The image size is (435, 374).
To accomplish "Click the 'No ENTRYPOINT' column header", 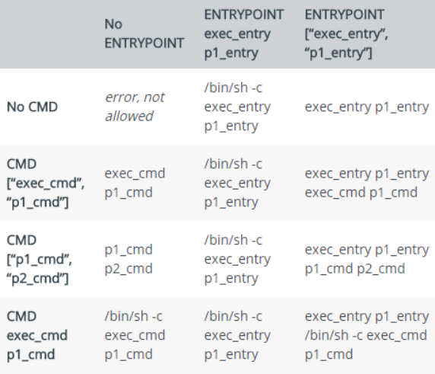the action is [144, 34].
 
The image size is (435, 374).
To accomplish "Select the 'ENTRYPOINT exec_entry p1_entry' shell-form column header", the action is [244, 34].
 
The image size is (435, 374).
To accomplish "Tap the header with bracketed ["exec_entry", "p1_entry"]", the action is [346, 34].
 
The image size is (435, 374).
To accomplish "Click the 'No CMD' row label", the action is [32, 107].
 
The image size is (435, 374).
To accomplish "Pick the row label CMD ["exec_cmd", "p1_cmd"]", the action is [46, 183].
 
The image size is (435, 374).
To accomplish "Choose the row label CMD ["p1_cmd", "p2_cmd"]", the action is [40, 259].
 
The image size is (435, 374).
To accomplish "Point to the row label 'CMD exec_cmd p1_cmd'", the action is [37, 335].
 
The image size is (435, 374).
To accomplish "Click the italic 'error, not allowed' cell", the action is [135, 107].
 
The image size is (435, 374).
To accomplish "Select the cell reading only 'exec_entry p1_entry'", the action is [367, 107].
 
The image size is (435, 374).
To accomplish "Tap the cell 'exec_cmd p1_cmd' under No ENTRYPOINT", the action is [135, 183].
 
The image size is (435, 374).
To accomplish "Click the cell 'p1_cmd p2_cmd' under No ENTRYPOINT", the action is [129, 259].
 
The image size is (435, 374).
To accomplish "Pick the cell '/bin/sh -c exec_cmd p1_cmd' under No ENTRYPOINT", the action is [135, 335].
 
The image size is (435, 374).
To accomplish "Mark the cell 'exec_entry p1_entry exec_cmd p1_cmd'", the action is [367, 183].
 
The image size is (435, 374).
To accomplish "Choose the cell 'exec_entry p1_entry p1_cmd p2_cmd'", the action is [367, 259].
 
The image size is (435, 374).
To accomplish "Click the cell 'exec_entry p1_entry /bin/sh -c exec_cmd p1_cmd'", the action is [367, 335].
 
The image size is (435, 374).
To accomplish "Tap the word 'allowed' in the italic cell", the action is [129, 116].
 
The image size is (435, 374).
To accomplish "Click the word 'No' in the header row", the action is [113, 24].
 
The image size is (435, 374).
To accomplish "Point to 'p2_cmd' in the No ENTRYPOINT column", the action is [129, 269].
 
